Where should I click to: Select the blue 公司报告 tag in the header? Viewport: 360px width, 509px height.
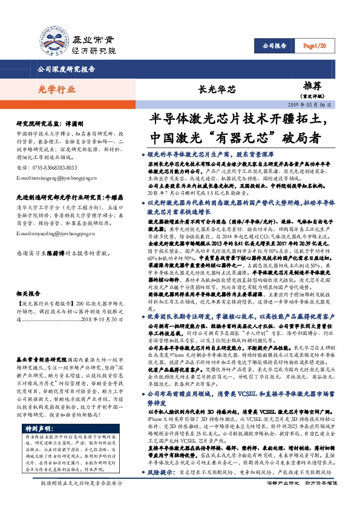(275, 46)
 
